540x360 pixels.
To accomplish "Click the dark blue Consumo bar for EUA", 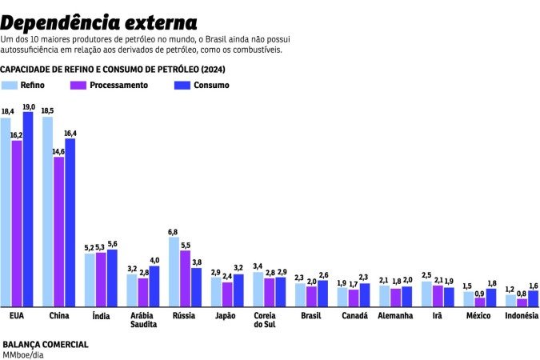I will (x=28, y=210).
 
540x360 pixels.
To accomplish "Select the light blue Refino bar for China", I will (x=47, y=212).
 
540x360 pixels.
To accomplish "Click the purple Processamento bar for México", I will (x=480, y=302).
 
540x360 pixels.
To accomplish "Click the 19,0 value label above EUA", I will (x=28, y=106).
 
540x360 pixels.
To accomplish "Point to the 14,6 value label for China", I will (x=58, y=151).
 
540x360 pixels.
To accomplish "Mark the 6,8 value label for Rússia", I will (x=174, y=232).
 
